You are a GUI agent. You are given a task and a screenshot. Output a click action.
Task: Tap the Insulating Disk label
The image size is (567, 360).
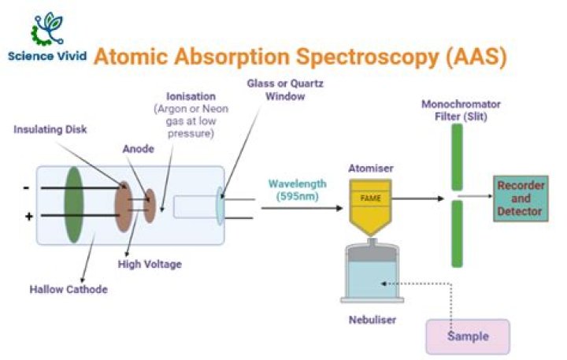[50, 129]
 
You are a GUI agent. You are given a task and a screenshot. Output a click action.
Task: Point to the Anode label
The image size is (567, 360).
[135, 147]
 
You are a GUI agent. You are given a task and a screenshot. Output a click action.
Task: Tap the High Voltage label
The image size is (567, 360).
[150, 264]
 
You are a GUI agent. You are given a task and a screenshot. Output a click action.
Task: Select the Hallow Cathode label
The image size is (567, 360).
[71, 289]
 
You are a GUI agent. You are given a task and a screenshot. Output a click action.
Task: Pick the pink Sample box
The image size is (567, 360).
[468, 336]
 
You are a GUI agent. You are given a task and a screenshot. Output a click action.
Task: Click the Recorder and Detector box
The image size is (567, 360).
[520, 199]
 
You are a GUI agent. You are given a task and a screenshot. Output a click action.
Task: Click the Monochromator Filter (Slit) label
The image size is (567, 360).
[461, 109]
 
